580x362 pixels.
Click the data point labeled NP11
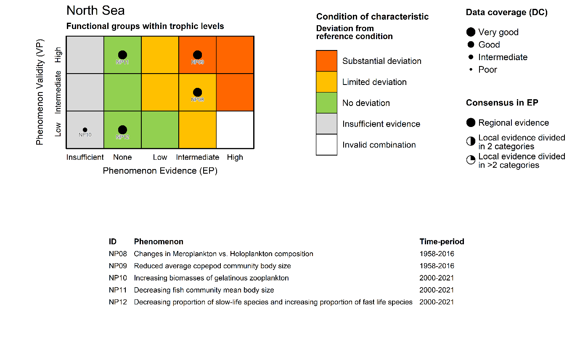(x=122, y=55)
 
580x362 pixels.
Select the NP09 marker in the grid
(x=197, y=55)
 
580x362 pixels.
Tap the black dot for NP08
(x=197, y=92)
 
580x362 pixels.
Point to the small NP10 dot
(x=85, y=130)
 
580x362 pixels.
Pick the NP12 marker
(x=122, y=130)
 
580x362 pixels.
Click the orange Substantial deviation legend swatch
(x=326, y=61)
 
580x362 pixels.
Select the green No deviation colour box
(x=326, y=103)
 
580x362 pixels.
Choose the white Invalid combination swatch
(x=326, y=145)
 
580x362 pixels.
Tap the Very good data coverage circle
(x=471, y=32)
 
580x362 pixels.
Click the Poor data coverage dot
(x=471, y=70)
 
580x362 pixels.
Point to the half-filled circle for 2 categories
(x=471, y=142)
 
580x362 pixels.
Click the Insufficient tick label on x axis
(x=85, y=157)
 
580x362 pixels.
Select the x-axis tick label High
(x=235, y=157)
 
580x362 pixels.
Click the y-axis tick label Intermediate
(x=58, y=92)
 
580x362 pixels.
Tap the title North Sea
(x=95, y=11)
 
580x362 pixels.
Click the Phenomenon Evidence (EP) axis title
(x=160, y=171)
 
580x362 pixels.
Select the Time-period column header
(x=442, y=242)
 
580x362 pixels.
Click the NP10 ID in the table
(x=117, y=278)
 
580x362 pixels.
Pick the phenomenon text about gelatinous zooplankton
(x=211, y=278)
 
